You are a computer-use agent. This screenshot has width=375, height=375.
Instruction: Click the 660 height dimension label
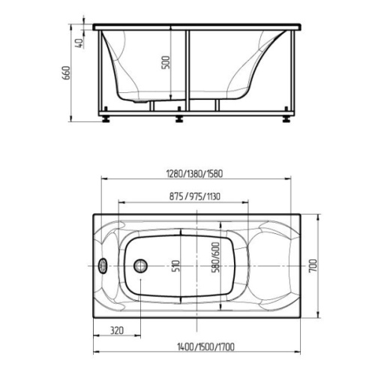(x=66, y=73)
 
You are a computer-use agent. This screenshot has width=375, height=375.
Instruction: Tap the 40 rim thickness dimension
(x=79, y=43)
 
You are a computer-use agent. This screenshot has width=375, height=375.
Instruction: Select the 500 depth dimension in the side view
(x=166, y=62)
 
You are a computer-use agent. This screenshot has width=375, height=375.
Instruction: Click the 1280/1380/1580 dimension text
(x=195, y=173)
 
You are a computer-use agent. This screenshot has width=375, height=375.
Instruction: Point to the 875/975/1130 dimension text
(x=195, y=196)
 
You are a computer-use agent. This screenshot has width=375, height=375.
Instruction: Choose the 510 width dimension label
(x=176, y=266)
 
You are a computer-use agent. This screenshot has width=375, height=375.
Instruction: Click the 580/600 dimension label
(x=215, y=257)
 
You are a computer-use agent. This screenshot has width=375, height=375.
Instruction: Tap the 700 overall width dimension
(x=313, y=266)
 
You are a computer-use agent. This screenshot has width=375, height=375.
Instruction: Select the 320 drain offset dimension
(x=117, y=331)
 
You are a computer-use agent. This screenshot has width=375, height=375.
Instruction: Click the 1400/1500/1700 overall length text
(x=205, y=347)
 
